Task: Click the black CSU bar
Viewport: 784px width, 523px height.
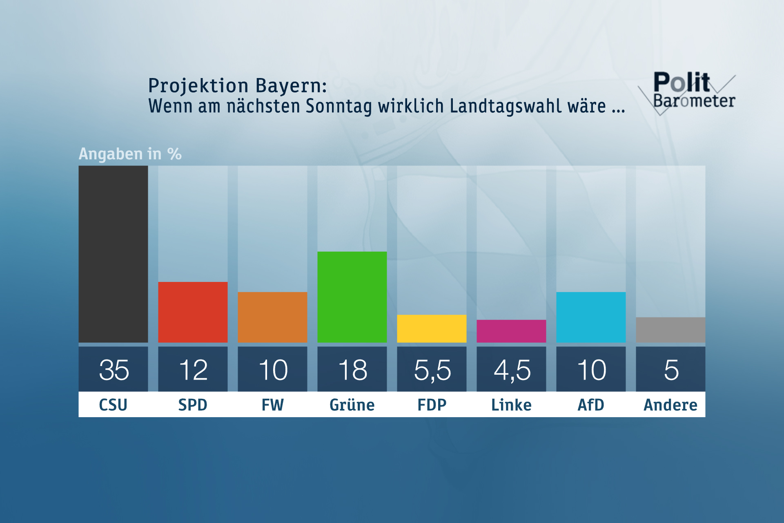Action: tap(113, 254)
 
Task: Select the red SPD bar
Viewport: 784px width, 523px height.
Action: tap(193, 312)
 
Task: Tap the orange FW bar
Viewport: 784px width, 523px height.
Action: tap(272, 317)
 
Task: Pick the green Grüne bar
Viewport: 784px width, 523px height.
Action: tap(352, 297)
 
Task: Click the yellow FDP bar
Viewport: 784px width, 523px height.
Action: tap(432, 329)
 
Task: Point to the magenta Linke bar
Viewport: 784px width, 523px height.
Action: tap(511, 331)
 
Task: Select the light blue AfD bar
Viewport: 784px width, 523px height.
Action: tap(591, 317)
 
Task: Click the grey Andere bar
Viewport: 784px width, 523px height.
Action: tap(670, 330)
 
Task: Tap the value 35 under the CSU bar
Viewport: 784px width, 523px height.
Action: tap(114, 370)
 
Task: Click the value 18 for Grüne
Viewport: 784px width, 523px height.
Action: tap(352, 370)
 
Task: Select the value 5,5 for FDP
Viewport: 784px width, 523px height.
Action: tap(432, 370)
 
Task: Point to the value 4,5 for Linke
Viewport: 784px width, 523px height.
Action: tap(512, 370)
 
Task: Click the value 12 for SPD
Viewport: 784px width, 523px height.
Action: tap(193, 370)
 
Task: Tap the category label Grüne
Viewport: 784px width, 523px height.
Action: tap(352, 405)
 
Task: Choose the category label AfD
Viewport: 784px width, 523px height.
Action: tap(591, 405)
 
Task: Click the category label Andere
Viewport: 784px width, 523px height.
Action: tap(670, 405)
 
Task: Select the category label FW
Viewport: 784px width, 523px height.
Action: tap(272, 405)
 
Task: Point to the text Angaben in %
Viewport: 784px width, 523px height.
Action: tap(130, 154)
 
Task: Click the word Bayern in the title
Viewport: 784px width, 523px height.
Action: tap(291, 86)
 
